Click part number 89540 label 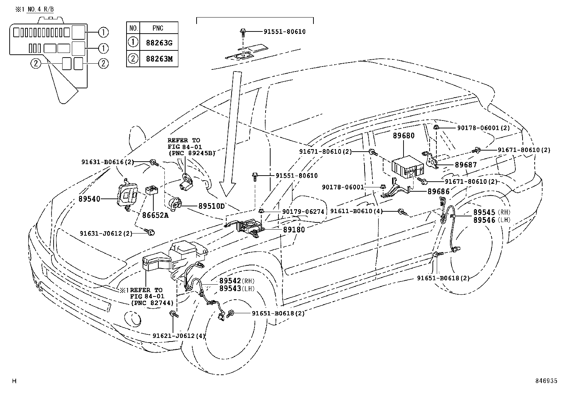pyautogui.click(x=89, y=199)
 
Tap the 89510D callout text pyautogui.click(x=212, y=206)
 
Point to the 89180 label pyautogui.click(x=294, y=230)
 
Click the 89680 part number pyautogui.click(x=404, y=136)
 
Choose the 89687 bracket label pyautogui.click(x=466, y=165)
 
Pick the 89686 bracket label pyautogui.click(x=439, y=191)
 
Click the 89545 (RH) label pyautogui.click(x=492, y=212)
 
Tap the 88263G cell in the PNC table pyautogui.click(x=159, y=43)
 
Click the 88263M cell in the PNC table pyautogui.click(x=159, y=59)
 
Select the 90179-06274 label pyautogui.click(x=303, y=212)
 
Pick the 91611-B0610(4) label pyautogui.click(x=356, y=211)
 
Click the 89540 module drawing pyautogui.click(x=127, y=195)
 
